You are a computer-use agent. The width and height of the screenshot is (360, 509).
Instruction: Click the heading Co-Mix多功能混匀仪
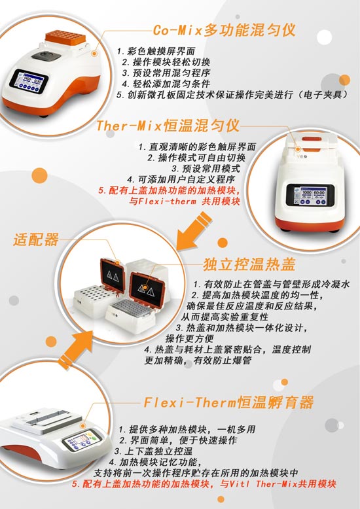click(x=224, y=30)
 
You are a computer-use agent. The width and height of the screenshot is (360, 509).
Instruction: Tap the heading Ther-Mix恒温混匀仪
click(x=168, y=126)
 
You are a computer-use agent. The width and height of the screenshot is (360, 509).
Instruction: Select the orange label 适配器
click(x=36, y=239)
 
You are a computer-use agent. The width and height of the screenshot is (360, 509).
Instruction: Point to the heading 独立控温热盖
click(x=249, y=264)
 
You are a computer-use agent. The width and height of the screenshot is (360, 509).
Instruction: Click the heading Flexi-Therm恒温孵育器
click(x=228, y=402)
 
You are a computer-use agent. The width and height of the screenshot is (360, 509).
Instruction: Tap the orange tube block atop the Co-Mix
click(x=65, y=37)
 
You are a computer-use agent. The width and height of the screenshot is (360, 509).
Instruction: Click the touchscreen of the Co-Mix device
click(x=29, y=81)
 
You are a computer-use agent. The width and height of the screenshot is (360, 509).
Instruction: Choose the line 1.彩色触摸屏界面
click(x=156, y=51)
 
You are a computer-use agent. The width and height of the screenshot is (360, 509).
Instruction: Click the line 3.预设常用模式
click(x=206, y=169)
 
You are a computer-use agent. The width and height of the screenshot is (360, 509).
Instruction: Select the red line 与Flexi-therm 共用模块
click(x=185, y=202)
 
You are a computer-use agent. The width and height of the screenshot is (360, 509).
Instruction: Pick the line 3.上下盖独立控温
click(x=153, y=451)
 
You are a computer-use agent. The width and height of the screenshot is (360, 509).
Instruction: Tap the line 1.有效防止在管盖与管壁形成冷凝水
click(x=272, y=285)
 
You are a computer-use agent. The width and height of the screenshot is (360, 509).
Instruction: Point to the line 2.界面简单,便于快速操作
click(x=178, y=440)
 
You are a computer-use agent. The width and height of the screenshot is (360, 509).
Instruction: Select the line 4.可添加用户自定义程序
click(x=181, y=179)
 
